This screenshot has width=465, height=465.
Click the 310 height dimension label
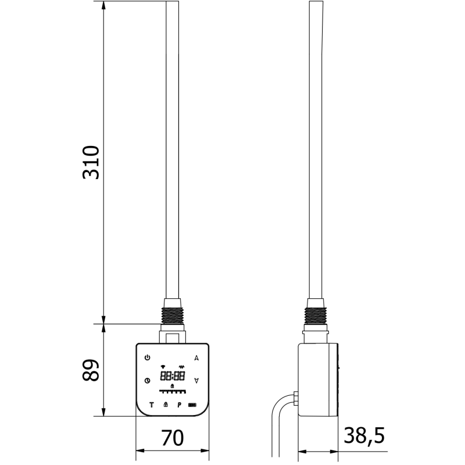[91, 163]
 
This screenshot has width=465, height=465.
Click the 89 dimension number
[91, 370]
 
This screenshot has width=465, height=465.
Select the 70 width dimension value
[172, 437]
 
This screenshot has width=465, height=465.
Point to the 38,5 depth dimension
[364, 435]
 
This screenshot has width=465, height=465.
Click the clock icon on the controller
[147, 381]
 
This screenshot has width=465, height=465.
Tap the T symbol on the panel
[151, 405]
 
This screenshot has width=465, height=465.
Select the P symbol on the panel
[179, 405]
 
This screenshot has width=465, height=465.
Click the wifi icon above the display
[163, 367]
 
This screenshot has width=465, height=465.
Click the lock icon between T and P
[165, 405]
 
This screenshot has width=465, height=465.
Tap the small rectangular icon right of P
[192, 405]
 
